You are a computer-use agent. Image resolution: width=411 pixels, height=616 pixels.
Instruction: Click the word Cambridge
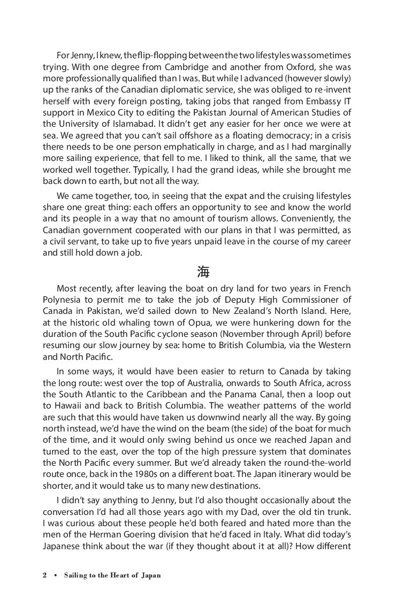(170, 68)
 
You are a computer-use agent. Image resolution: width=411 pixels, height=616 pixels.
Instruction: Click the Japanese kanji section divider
(203, 272)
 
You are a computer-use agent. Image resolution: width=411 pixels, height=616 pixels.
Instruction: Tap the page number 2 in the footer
(45, 576)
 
